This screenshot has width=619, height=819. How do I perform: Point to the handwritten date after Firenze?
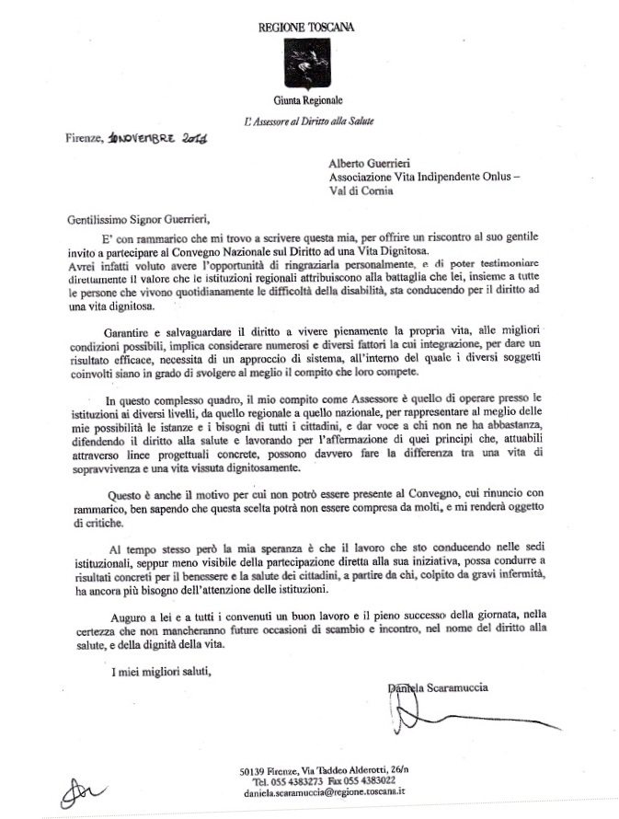(158, 139)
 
